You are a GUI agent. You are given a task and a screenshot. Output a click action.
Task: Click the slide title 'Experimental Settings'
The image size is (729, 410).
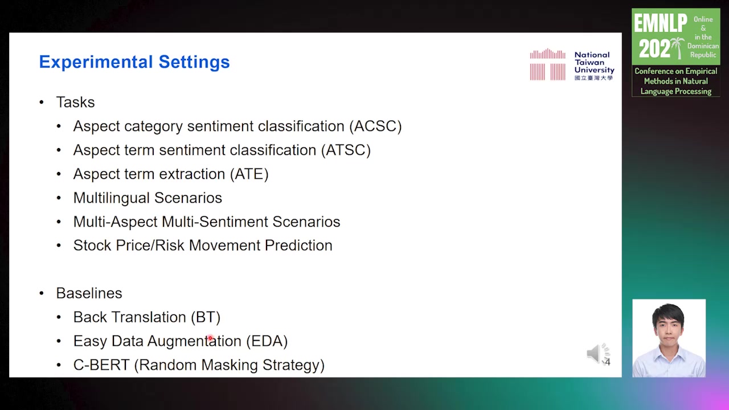(x=134, y=62)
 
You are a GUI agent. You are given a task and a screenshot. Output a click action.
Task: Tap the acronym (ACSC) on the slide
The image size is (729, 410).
(x=375, y=126)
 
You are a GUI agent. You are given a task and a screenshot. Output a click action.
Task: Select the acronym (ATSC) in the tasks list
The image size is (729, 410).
(x=346, y=150)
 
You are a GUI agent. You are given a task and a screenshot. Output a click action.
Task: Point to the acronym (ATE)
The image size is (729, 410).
(x=249, y=174)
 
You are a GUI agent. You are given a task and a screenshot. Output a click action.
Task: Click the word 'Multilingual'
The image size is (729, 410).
(x=111, y=198)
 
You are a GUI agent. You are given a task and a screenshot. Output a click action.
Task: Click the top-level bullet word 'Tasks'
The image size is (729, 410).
(x=75, y=102)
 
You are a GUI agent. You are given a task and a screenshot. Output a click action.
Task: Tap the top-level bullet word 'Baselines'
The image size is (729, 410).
(x=89, y=293)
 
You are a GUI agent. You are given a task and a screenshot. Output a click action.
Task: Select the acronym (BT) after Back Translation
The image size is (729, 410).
(x=206, y=317)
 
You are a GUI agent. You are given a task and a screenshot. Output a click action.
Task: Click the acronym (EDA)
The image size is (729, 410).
(x=267, y=341)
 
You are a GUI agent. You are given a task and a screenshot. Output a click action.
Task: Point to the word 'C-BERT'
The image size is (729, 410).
(x=101, y=365)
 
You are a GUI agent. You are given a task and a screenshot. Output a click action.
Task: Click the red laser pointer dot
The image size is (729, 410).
(x=210, y=338)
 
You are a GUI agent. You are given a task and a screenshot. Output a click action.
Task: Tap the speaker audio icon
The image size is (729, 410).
(x=598, y=354)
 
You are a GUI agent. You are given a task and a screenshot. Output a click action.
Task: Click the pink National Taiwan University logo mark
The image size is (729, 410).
(x=548, y=64)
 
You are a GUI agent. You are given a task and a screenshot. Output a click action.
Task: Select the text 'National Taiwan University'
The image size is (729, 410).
(x=594, y=62)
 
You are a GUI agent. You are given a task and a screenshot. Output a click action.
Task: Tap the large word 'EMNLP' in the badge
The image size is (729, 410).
(x=660, y=23)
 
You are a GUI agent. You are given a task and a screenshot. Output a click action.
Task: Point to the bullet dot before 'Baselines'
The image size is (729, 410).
(x=42, y=293)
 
